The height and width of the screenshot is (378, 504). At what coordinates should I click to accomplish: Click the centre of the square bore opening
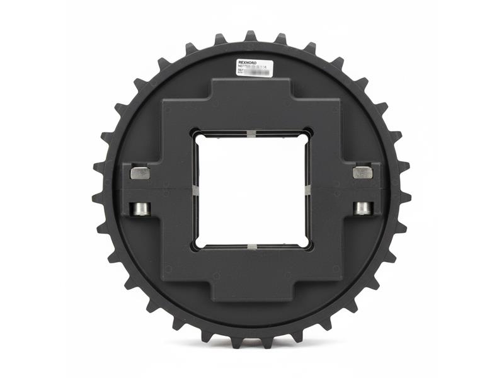252,190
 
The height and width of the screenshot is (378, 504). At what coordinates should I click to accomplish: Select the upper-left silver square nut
140,173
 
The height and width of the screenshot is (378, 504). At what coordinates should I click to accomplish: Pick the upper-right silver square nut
363,172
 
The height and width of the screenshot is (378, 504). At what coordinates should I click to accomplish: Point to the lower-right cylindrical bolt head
364,208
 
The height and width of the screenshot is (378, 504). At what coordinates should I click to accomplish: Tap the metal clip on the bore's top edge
251,134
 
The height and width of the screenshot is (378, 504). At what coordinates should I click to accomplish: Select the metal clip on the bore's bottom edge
251,246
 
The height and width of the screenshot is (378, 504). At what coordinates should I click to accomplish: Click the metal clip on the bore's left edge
195,190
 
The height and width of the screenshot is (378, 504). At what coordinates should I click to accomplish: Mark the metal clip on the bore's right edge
308,190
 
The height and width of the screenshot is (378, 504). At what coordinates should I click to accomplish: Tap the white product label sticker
254,67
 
